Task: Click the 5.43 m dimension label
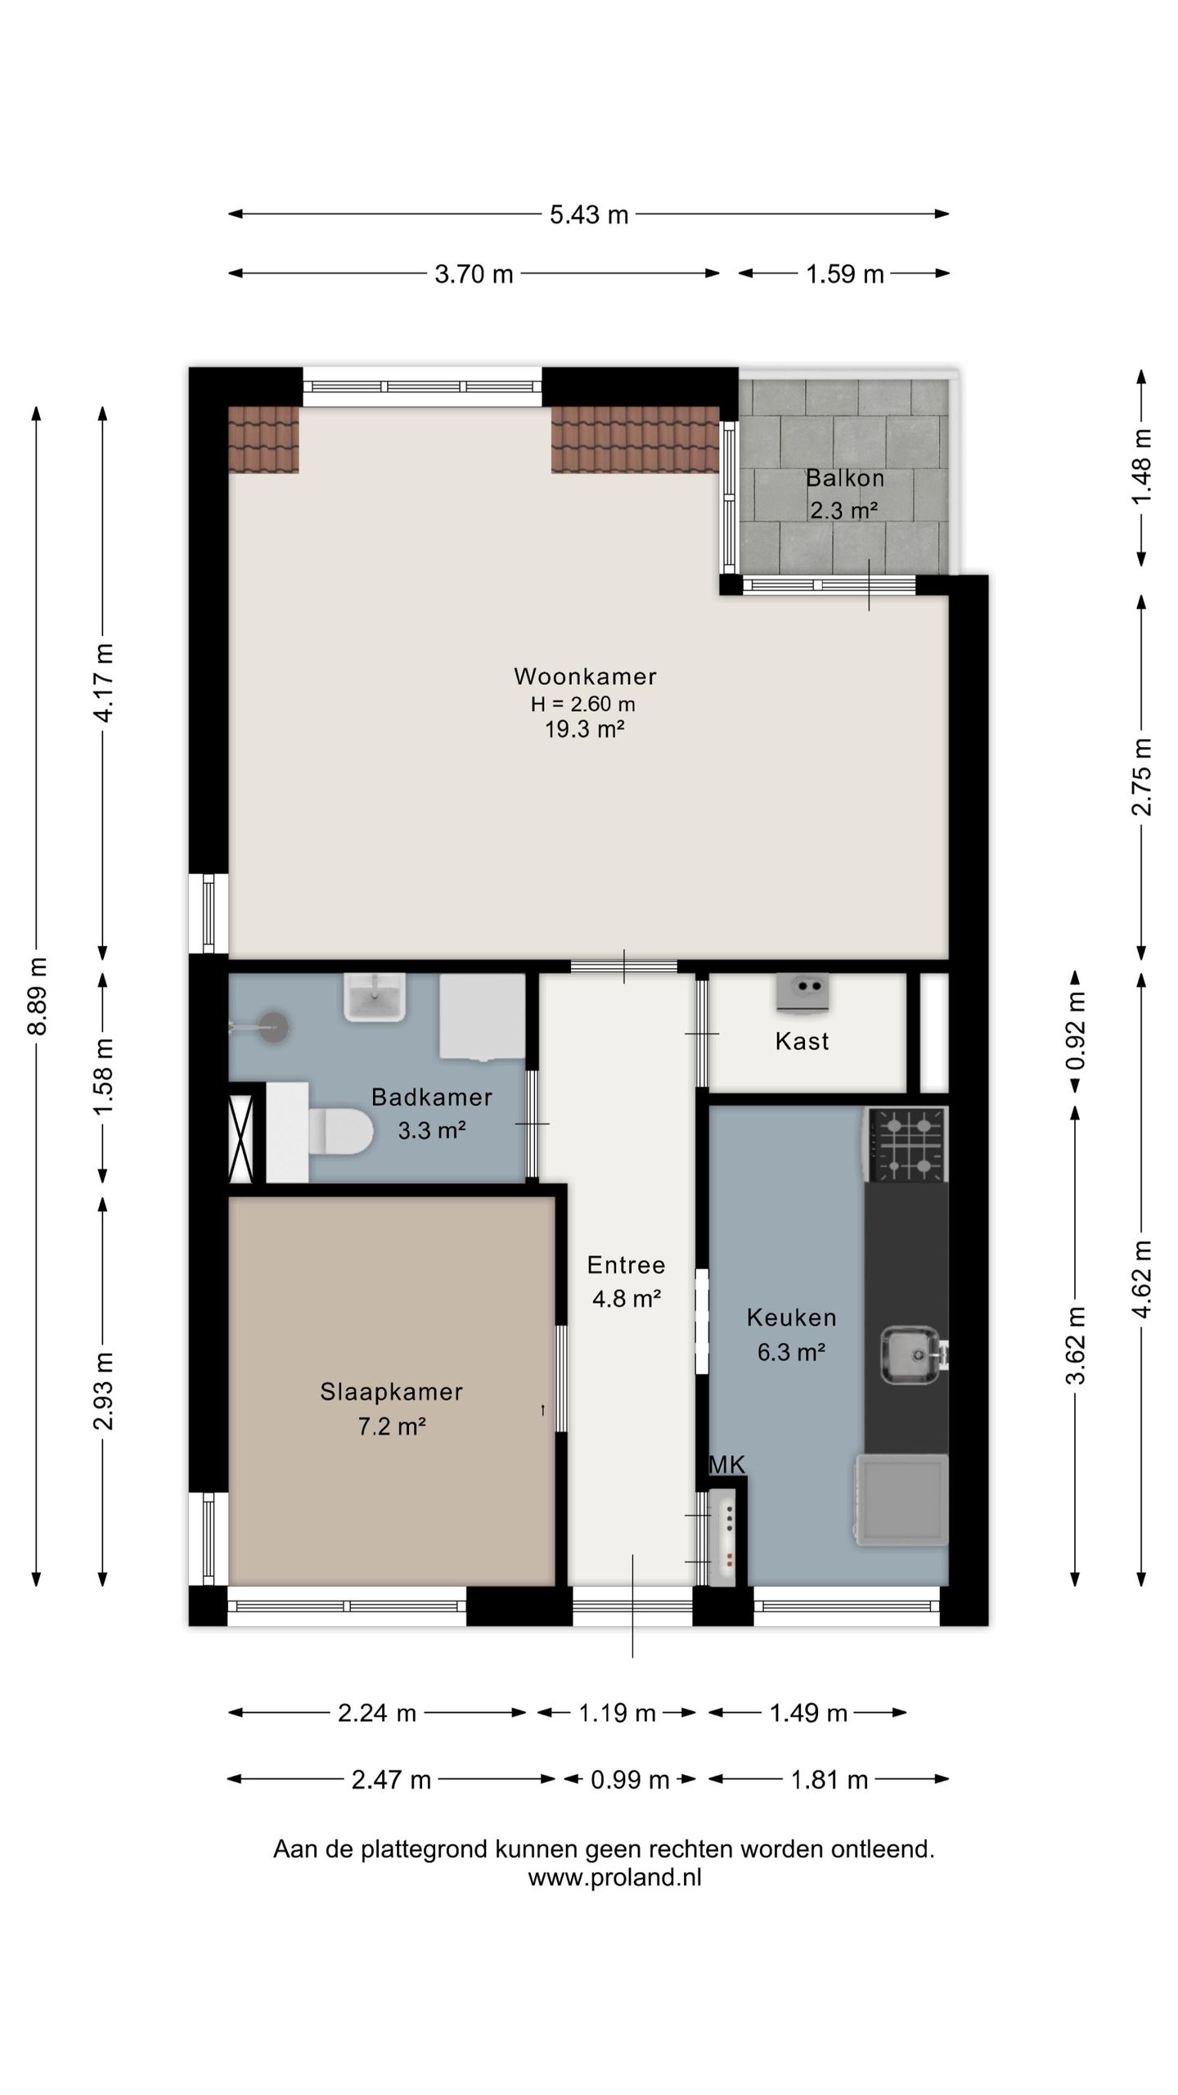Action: (x=589, y=214)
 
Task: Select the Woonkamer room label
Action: (x=585, y=676)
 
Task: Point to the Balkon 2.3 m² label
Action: (x=844, y=493)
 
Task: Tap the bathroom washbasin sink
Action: (x=375, y=998)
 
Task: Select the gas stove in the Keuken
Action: (x=906, y=1144)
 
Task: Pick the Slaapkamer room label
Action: (x=391, y=1391)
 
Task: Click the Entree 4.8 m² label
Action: (x=626, y=1281)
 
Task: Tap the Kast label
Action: (x=802, y=1041)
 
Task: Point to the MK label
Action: (x=727, y=1464)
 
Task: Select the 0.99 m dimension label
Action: (x=630, y=1778)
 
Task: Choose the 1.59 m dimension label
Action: (x=845, y=273)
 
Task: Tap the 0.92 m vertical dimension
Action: (x=1076, y=1030)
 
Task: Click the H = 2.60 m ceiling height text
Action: (x=582, y=704)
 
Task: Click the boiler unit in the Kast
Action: (x=803, y=992)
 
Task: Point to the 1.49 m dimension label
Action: (x=808, y=1712)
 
